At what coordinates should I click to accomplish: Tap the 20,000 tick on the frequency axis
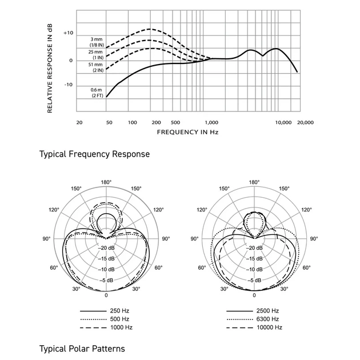tap(305, 122)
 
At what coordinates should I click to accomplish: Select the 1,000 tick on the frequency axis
tap(211, 122)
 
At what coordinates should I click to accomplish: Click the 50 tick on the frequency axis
tap(109, 122)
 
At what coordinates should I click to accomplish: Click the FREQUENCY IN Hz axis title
tap(187, 132)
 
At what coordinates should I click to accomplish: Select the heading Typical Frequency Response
tap(94, 154)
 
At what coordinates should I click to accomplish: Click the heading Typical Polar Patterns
tap(82, 348)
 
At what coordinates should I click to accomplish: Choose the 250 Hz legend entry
tap(121, 310)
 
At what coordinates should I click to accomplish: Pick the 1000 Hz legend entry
tap(121, 327)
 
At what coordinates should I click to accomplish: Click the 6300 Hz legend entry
tap(267, 318)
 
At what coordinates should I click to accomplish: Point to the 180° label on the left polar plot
tap(106, 182)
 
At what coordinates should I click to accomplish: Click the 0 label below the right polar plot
tap(254, 295)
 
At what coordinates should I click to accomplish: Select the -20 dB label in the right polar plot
tap(254, 248)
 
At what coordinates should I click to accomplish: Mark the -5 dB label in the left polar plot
tap(106, 281)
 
